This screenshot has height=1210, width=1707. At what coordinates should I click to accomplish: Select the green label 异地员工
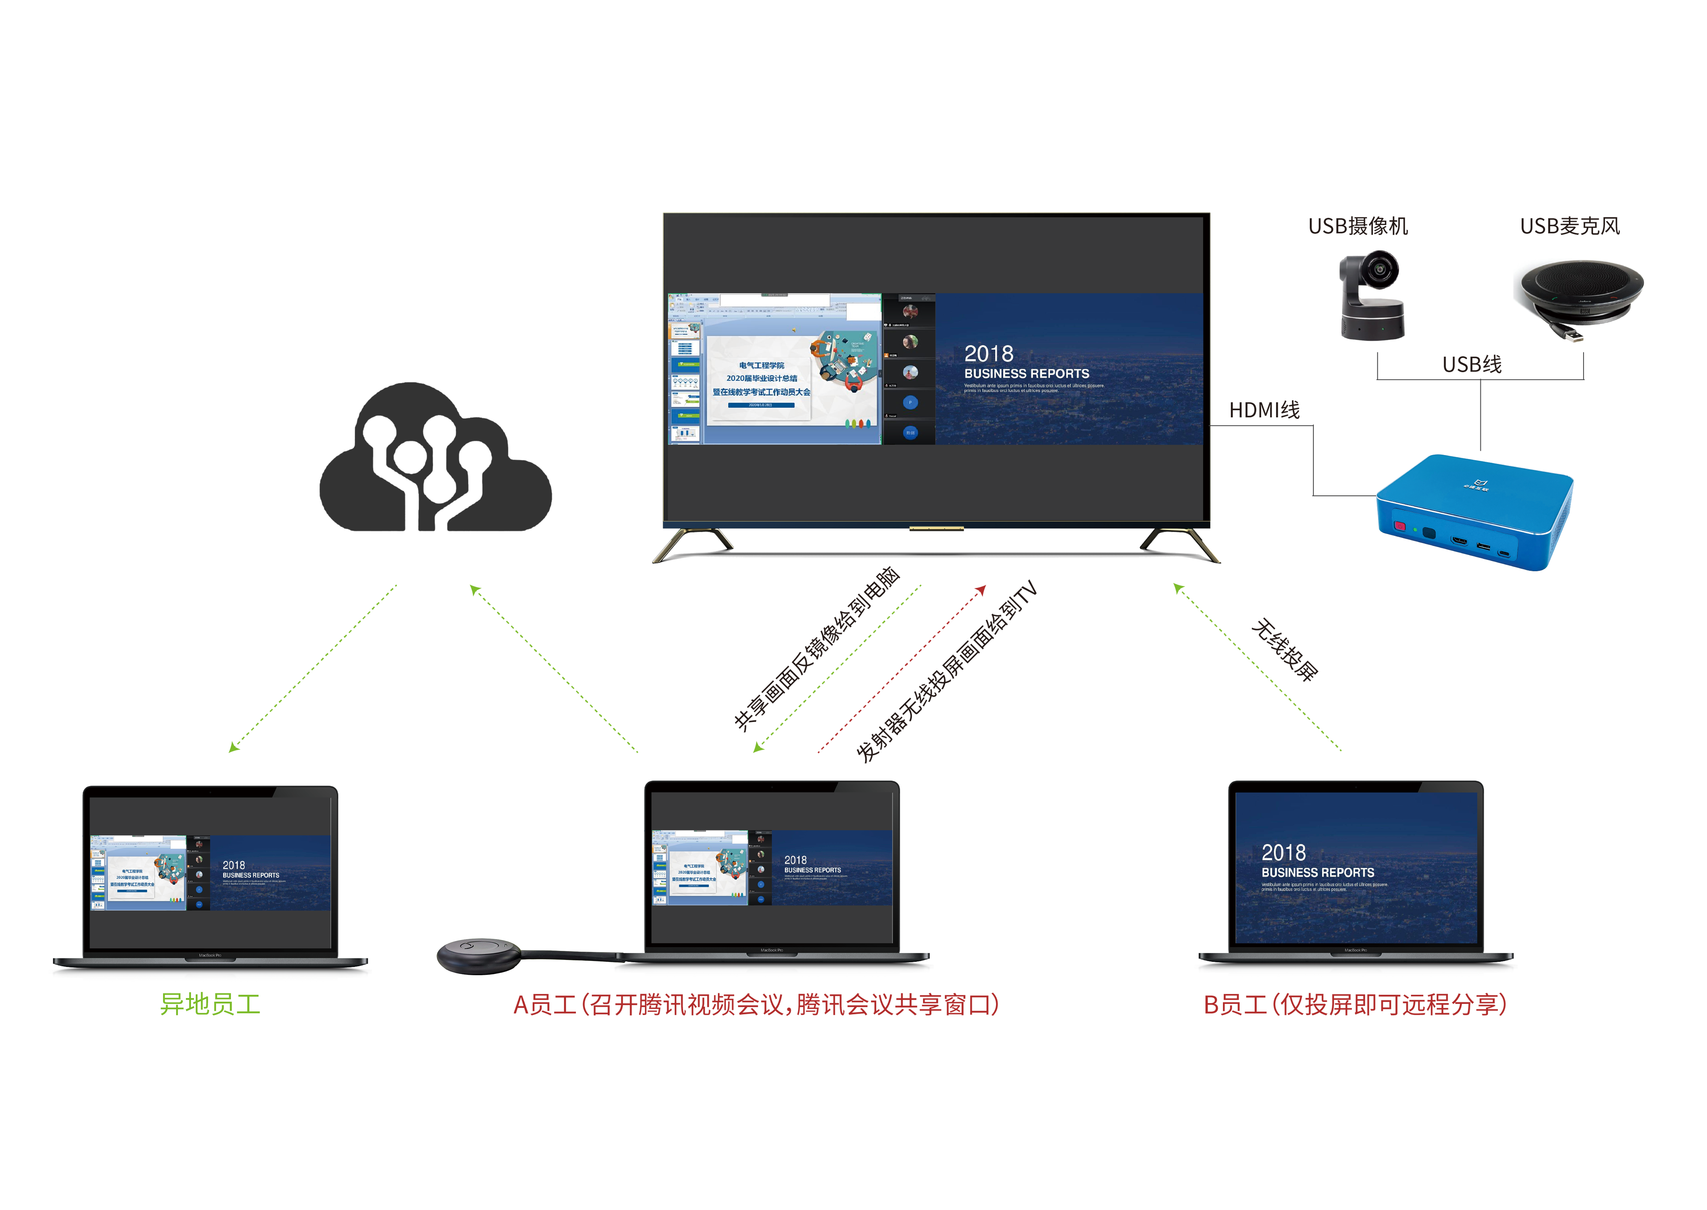tap(210, 1003)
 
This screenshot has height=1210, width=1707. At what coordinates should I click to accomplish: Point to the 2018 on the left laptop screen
tap(233, 865)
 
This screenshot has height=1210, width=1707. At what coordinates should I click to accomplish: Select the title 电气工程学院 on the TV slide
tap(761, 365)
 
